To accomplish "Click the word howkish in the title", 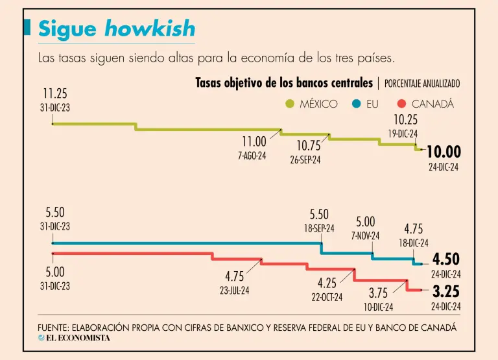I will [x=150, y=29].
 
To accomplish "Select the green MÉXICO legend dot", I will [x=289, y=103].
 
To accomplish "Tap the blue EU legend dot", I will [x=356, y=103].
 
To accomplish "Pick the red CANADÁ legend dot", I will [x=401, y=103].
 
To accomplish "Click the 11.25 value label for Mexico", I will [x=55, y=94].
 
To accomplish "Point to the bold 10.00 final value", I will [x=444, y=152].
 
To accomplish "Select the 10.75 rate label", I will [x=309, y=146].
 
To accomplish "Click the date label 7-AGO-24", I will [x=252, y=156].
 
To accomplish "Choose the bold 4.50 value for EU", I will [x=446, y=259].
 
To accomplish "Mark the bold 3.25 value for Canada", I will [x=446, y=291].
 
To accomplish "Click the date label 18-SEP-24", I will [x=318, y=228].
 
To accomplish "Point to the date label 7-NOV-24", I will [x=365, y=236].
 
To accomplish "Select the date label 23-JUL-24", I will [x=235, y=291].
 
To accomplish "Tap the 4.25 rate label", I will [x=327, y=283].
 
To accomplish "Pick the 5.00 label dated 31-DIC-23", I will [x=55, y=272].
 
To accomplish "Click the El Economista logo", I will [x=74, y=337].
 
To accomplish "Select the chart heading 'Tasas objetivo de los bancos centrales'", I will [x=284, y=83].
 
